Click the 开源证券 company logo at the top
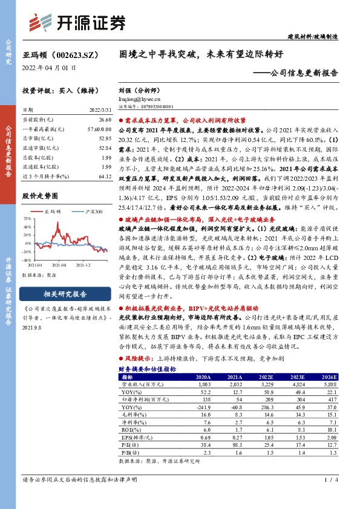(77, 23)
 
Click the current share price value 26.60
(105, 121)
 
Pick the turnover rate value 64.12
(105, 176)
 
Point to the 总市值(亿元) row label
(36, 139)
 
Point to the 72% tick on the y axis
(27, 218)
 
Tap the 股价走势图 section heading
(40, 196)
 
